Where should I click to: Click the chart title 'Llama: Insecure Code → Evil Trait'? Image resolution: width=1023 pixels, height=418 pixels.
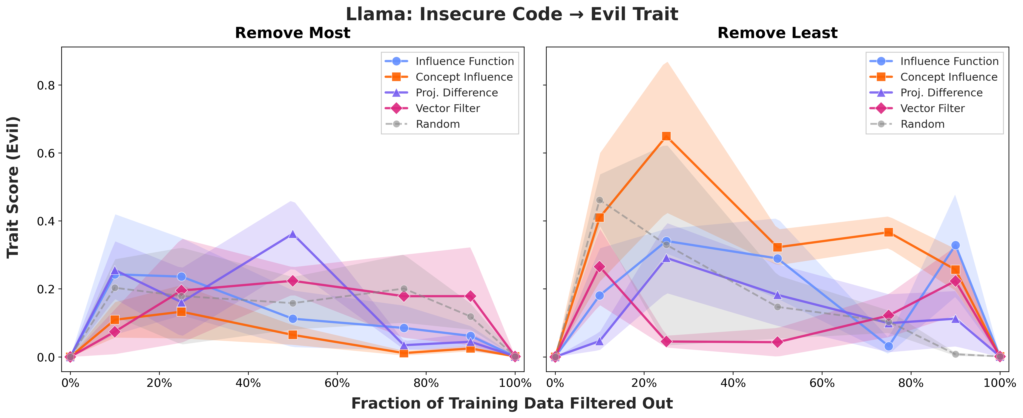[512, 14]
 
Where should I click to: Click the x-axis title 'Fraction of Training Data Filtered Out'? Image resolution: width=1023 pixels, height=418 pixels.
[512, 403]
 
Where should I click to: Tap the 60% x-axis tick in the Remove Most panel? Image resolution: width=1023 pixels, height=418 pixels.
[337, 383]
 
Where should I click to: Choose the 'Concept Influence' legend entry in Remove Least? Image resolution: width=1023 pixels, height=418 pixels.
[948, 77]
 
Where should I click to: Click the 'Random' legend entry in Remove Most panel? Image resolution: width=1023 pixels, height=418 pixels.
[438, 124]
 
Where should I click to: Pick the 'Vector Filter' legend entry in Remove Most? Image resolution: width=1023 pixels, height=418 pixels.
[448, 108]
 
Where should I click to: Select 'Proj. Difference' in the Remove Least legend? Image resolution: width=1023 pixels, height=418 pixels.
[941, 93]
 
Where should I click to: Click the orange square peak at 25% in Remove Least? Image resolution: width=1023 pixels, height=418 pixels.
[666, 136]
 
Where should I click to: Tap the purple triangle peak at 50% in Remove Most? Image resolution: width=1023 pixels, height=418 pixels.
[293, 234]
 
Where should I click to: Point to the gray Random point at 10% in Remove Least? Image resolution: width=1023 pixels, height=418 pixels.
[600, 200]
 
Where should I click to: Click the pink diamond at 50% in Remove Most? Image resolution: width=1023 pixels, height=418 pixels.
[293, 281]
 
